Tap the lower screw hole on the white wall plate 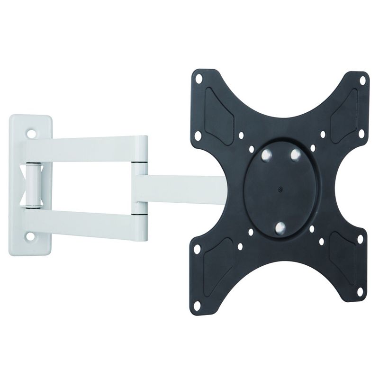[31, 236]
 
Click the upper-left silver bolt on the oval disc [267, 154]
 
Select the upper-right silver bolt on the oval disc [295, 154]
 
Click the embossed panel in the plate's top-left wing [219, 116]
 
